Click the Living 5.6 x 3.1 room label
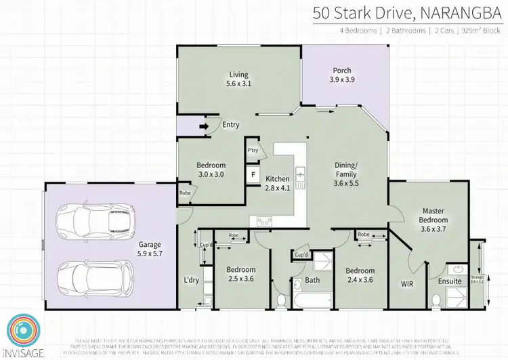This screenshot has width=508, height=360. (x=238, y=79)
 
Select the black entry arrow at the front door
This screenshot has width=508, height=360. (x=203, y=125)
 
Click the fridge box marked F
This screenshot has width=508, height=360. (x=253, y=174)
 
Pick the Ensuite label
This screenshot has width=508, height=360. (x=449, y=281)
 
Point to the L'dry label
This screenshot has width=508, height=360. (x=191, y=279)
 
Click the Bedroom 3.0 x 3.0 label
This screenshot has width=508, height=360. (x=211, y=169)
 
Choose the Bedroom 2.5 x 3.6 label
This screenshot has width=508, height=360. (x=241, y=274)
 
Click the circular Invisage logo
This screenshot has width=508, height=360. (x=22, y=330)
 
